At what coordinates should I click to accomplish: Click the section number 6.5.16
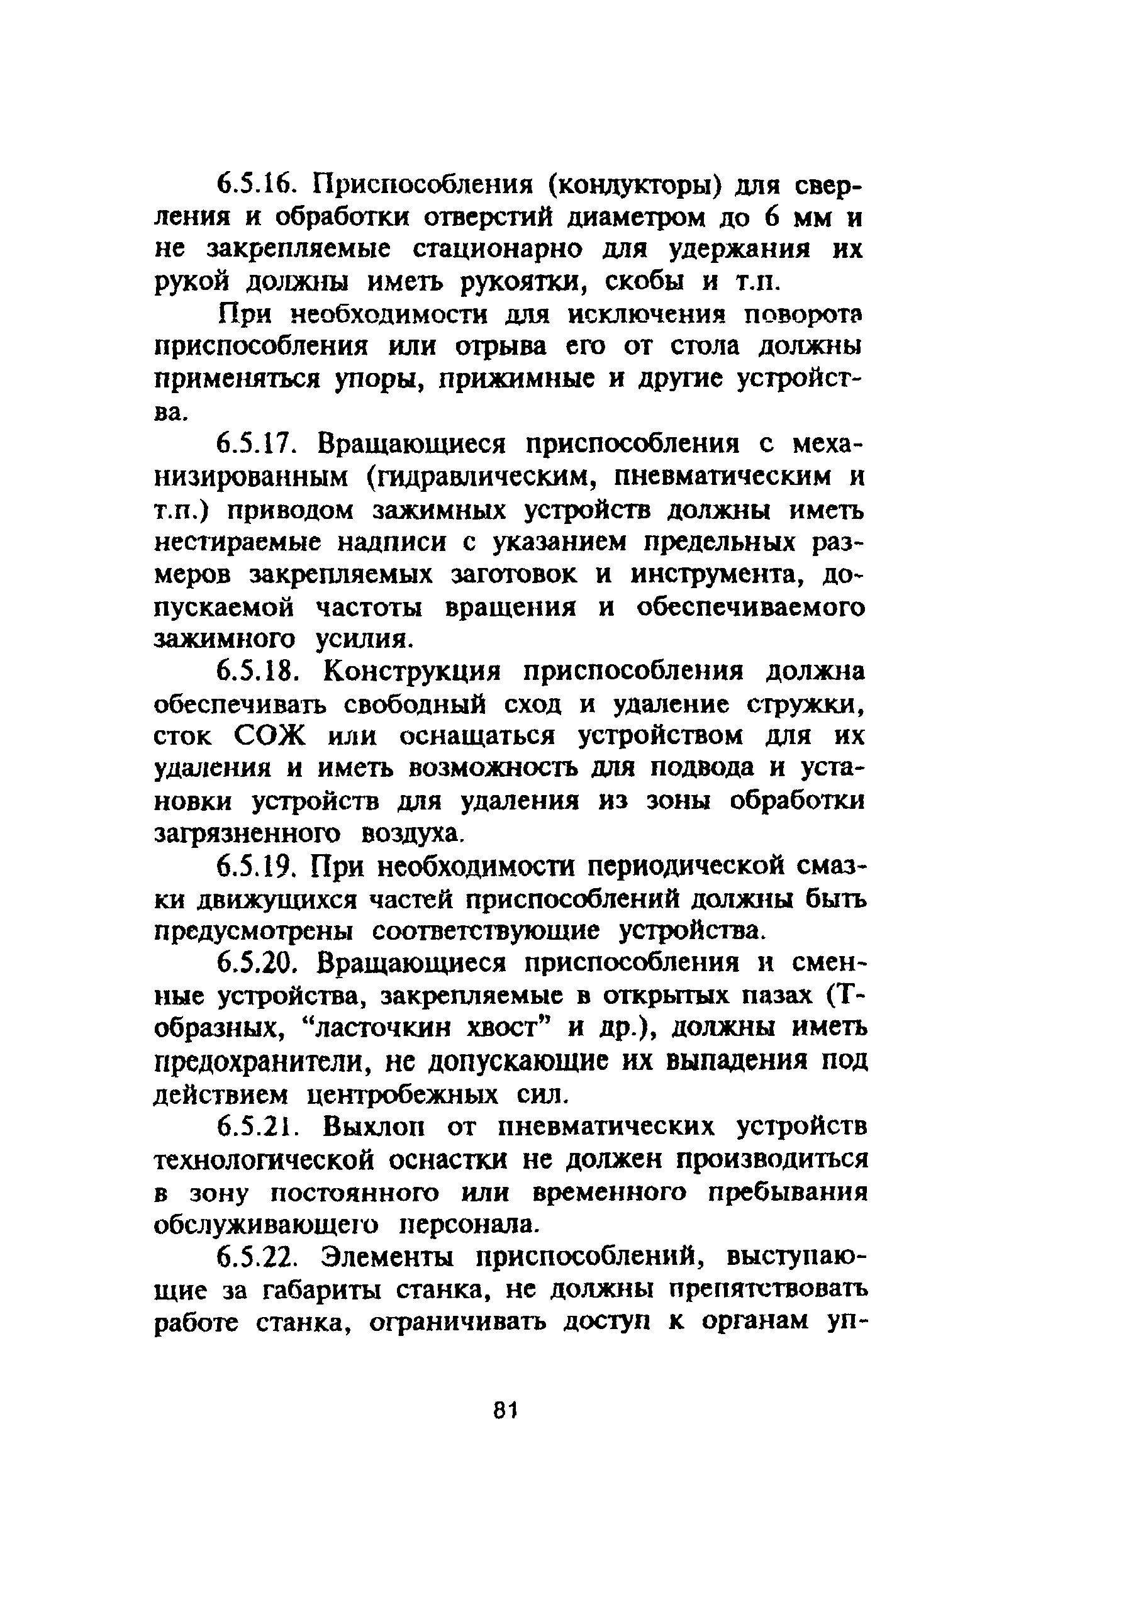click(x=257, y=186)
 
